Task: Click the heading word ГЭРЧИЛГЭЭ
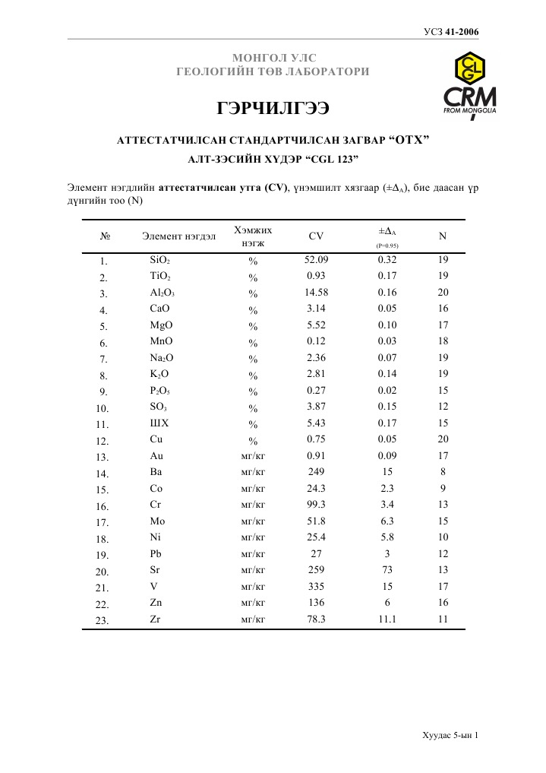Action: tap(273, 109)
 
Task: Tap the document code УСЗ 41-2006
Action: tap(450, 31)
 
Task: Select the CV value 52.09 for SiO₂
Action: tap(316, 260)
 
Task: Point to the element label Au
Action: tap(156, 456)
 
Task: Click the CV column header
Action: tap(316, 236)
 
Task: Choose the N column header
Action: tap(443, 236)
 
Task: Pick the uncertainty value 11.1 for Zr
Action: tap(387, 619)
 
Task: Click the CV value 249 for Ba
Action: tap(316, 472)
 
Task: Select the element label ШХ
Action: tap(159, 423)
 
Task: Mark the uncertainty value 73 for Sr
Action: tap(387, 570)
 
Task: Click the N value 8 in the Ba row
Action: tap(443, 472)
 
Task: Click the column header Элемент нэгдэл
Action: tap(179, 236)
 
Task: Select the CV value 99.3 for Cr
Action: tap(316, 505)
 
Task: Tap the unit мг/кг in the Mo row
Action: tap(253, 521)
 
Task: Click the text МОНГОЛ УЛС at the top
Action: tap(273, 58)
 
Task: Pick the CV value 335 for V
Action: tap(316, 587)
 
